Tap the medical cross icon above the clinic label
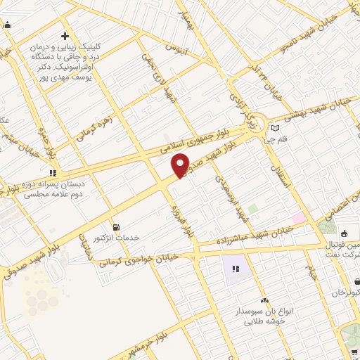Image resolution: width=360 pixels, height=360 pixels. tap(65, 36)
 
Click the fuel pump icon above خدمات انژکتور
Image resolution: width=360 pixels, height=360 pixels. tap(116, 227)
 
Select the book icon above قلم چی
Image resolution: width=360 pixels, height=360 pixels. tap(275, 128)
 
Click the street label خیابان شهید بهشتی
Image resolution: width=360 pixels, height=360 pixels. tap(321, 111)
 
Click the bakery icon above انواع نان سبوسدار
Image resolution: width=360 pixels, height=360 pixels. tap(264, 300)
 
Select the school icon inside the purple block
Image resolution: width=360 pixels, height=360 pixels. tap(236, 269)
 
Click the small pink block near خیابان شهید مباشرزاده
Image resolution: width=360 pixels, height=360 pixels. tap(300, 219)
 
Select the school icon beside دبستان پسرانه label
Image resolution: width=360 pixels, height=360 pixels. tap(52, 172)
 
